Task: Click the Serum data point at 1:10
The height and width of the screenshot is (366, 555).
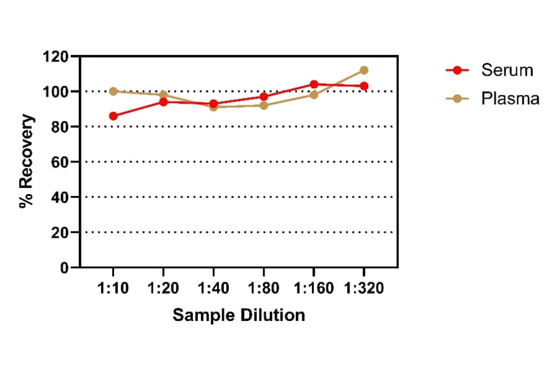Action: point(113,116)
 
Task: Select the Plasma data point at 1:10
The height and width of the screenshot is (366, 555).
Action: point(113,91)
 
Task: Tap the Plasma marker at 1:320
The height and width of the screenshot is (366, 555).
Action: point(364,70)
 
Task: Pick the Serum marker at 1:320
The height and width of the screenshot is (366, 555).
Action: point(364,86)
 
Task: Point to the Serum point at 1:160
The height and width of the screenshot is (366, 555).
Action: point(314,84)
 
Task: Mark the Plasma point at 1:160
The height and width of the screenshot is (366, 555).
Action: point(314,95)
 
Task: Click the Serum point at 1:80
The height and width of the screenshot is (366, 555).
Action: point(264,97)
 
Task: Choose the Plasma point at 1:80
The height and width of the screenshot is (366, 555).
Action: point(264,105)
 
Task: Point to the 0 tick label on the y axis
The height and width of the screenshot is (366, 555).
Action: point(65,268)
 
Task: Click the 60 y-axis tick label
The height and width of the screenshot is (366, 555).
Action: point(60,162)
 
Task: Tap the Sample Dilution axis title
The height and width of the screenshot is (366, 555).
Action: point(239,315)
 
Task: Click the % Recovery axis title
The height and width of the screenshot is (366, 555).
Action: point(27,161)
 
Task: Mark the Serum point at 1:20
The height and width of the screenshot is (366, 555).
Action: point(163,102)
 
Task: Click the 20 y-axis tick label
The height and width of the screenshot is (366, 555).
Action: point(60,233)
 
